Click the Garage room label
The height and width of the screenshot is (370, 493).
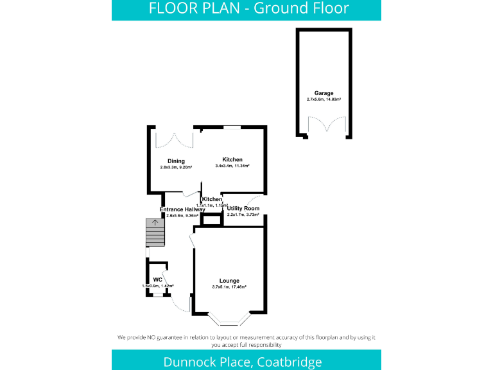(324, 93)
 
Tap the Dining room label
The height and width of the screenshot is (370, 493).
(176, 161)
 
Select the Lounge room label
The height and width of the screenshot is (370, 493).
(229, 281)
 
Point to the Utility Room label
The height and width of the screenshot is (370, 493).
(243, 209)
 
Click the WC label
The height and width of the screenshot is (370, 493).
(157, 279)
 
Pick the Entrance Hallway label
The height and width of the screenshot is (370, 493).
(182, 209)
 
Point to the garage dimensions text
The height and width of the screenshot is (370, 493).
(324, 100)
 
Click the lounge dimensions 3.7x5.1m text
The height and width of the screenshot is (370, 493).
(229, 287)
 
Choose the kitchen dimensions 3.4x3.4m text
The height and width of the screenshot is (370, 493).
(232, 166)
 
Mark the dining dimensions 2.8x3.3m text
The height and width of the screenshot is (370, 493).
(176, 168)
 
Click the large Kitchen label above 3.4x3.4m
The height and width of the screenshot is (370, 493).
(232, 159)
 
